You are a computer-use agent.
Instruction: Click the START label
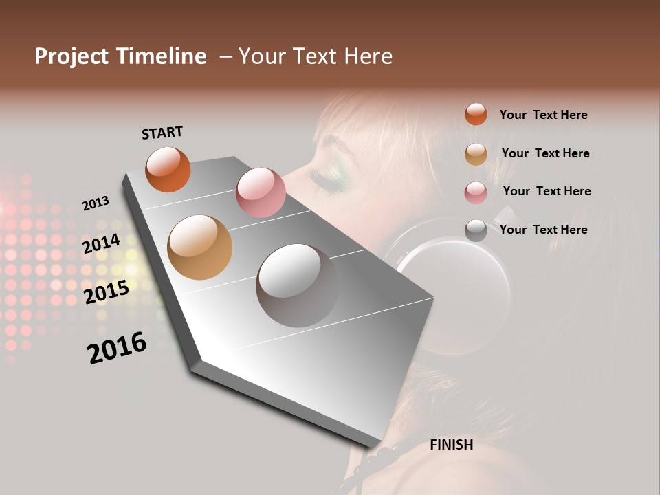coord(162,133)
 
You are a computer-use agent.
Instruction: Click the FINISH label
coord(451,445)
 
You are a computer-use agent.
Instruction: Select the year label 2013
coord(96,203)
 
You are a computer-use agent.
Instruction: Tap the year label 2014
coord(101,244)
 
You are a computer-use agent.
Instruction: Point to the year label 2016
coord(117,347)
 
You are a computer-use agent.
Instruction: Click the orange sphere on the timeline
coord(168,169)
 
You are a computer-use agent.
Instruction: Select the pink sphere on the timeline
coord(261,192)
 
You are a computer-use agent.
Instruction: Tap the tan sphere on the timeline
coord(199,247)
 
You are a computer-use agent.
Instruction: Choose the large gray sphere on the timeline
coord(297,285)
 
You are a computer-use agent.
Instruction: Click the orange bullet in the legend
coord(476,115)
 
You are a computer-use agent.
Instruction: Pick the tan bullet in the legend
coord(476,154)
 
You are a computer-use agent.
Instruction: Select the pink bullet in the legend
coord(476,192)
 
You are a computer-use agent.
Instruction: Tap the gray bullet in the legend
coord(476,230)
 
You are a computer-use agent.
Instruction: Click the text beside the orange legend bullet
coord(543,115)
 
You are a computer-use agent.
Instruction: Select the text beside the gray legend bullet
coord(543,230)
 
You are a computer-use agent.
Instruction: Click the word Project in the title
coord(71,56)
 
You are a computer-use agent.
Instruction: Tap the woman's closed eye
coord(330,178)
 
